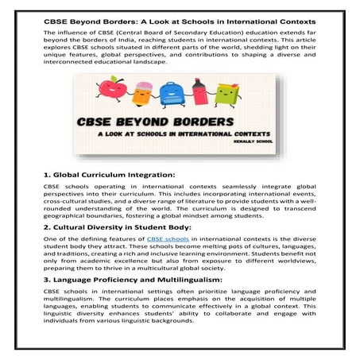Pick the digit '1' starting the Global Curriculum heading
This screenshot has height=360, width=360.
coord(45,174)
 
